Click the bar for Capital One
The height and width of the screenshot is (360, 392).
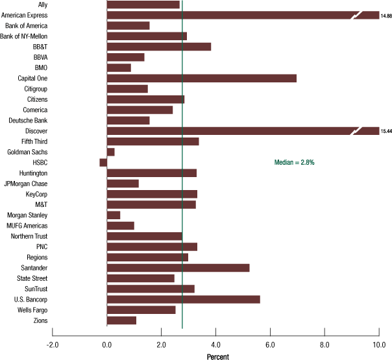201,78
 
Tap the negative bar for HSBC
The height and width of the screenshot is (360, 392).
103,163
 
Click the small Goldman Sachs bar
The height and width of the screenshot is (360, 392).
110,152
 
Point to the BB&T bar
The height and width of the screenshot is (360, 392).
158,47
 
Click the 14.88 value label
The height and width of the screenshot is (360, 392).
386,15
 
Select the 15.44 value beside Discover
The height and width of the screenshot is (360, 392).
386,131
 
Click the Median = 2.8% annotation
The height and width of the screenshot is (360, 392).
294,163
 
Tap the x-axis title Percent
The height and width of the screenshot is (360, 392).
218,356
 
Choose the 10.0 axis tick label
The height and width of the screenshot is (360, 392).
378,344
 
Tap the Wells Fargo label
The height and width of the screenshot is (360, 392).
31,310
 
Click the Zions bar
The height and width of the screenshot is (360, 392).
121,320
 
